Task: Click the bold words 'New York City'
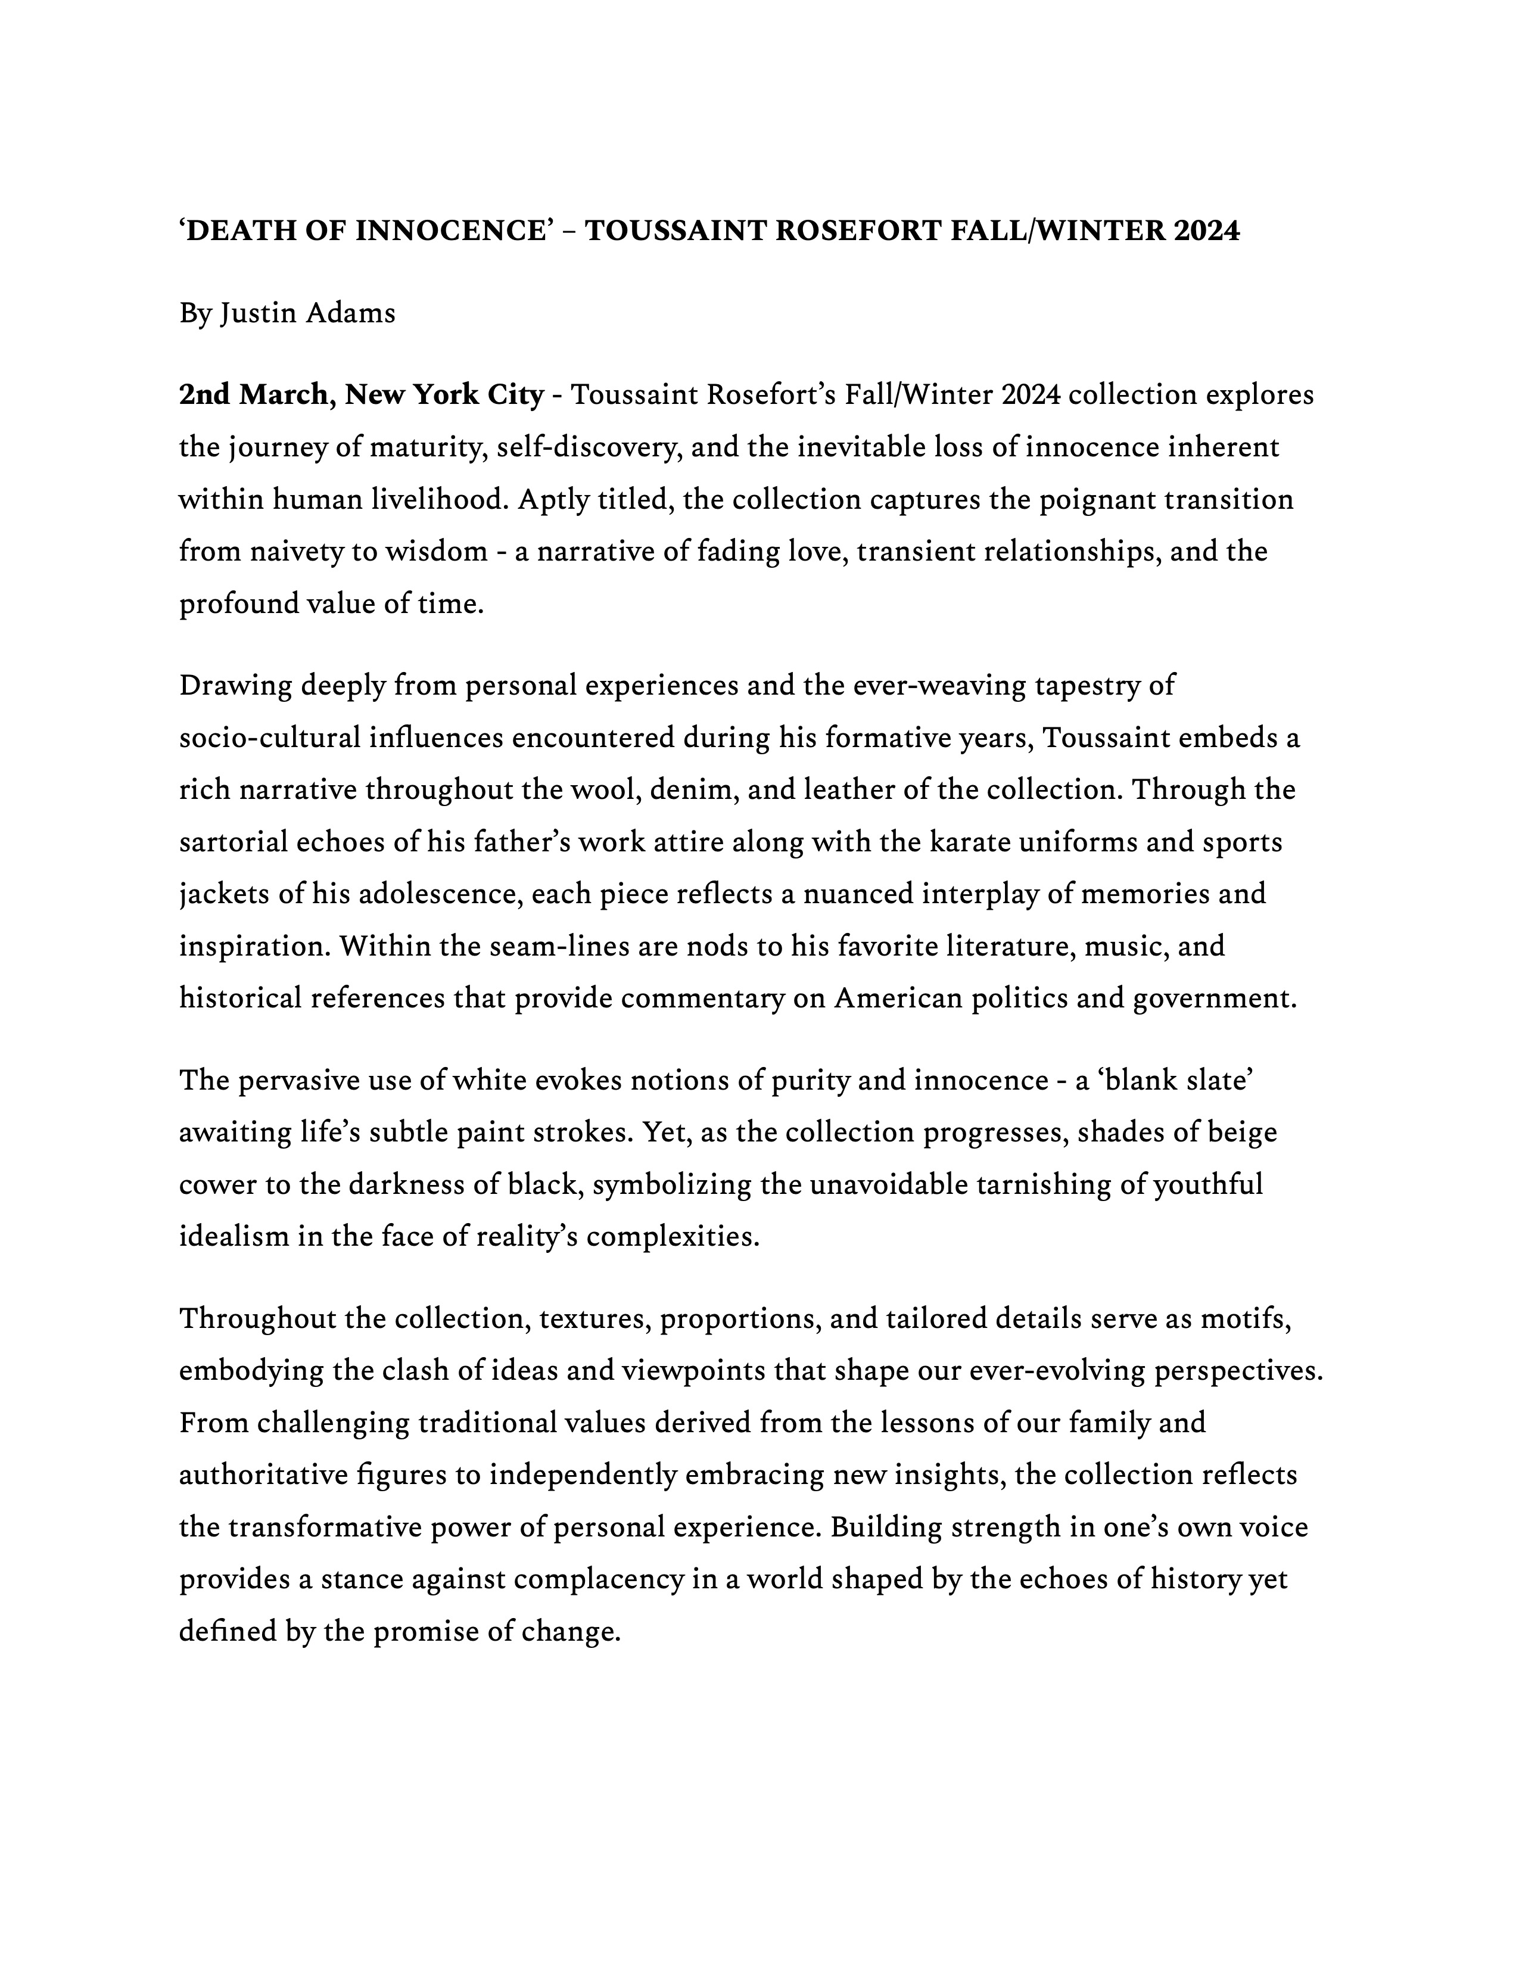(444, 394)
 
